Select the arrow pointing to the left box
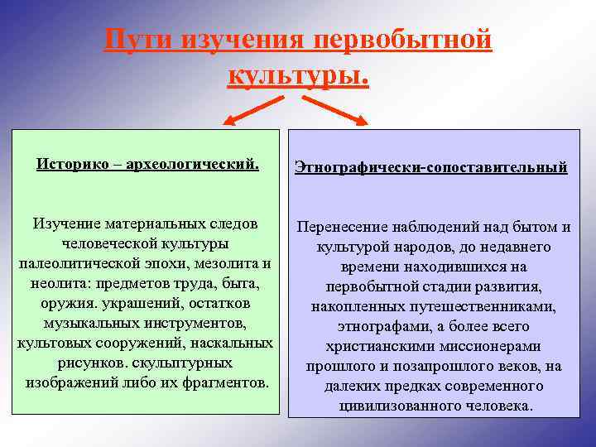coord(252,109)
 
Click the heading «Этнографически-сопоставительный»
coord(431,167)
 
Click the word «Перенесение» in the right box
coord(338,228)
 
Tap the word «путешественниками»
coord(490,307)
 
